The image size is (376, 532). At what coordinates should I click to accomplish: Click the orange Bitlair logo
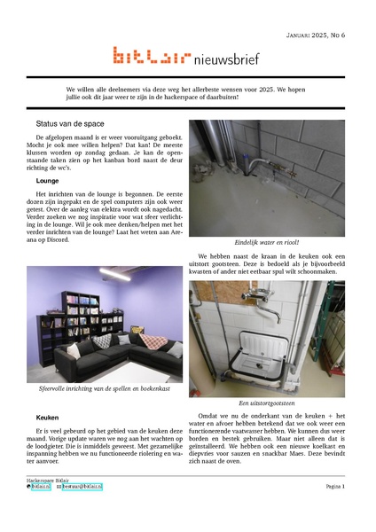coord(151,57)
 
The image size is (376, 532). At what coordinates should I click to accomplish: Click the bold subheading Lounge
coord(47,180)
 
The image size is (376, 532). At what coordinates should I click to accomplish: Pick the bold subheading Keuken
coord(47,416)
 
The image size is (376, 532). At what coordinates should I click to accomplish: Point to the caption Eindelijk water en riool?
coord(266,242)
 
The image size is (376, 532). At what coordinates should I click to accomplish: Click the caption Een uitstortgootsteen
coord(266,403)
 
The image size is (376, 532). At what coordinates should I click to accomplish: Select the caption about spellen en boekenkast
coord(104,387)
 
